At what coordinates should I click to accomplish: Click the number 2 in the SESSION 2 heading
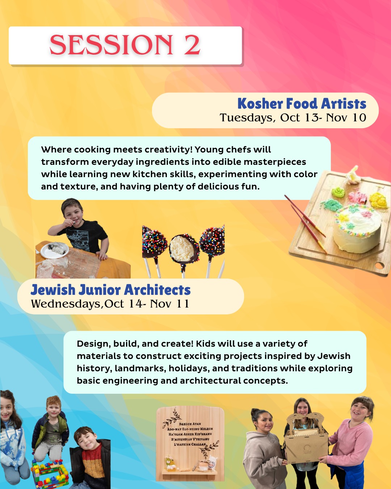tap(192, 45)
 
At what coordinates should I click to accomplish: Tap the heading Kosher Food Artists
tap(302, 104)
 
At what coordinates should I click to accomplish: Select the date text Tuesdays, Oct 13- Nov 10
tap(293, 118)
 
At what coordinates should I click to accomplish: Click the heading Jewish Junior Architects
tap(111, 290)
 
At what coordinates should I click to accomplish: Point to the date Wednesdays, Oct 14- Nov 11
tap(110, 304)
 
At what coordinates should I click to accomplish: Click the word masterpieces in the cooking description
tap(275, 162)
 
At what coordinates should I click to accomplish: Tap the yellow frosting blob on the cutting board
tap(378, 200)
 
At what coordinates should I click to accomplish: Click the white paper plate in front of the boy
tap(55, 250)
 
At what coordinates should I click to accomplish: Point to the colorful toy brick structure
tap(50, 474)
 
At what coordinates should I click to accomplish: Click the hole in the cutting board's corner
tap(379, 265)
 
